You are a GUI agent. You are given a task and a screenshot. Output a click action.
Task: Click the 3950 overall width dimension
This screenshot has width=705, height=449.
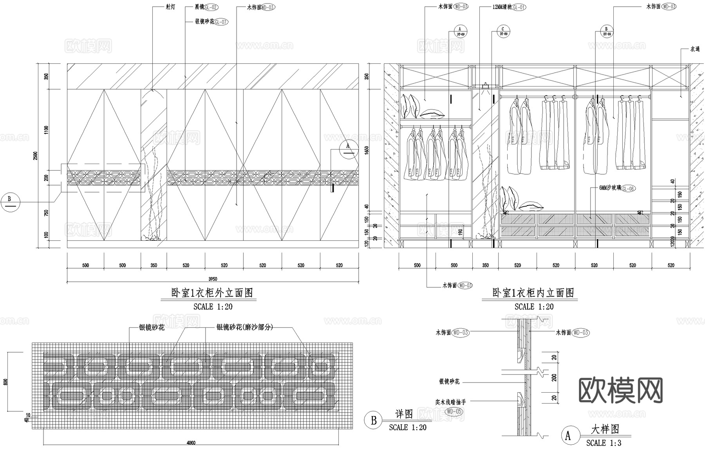[x=213, y=279]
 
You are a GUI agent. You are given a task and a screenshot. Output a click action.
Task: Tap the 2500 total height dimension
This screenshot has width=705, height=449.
[x=36, y=155]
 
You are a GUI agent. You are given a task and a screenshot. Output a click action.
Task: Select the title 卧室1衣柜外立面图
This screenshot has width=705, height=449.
[x=212, y=293]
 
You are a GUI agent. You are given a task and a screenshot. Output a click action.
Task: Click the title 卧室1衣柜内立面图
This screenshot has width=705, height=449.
[x=533, y=293]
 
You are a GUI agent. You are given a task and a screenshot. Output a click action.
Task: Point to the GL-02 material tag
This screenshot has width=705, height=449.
[x=211, y=7]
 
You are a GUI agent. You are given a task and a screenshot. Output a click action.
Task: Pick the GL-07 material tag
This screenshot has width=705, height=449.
[x=221, y=22]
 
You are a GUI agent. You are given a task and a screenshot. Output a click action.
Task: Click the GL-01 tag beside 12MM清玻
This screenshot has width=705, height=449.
[x=519, y=7]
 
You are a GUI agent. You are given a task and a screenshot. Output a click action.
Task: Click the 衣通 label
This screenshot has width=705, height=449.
[x=695, y=49]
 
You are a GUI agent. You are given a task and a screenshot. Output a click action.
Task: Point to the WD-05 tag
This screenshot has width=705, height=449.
[x=454, y=411]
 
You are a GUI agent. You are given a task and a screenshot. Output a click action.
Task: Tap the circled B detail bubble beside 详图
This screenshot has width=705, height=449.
[x=374, y=420]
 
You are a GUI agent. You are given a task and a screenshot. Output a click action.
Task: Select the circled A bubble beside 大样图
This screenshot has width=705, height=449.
[x=569, y=435]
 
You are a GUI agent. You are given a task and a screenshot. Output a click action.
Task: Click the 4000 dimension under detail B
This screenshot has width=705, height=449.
[x=191, y=443]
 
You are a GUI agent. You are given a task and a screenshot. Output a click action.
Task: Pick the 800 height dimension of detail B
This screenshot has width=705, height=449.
[x=5, y=382]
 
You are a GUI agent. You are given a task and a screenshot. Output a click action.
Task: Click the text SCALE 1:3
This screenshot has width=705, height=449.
[x=604, y=443]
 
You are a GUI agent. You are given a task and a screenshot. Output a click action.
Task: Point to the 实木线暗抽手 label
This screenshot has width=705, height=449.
[x=450, y=402]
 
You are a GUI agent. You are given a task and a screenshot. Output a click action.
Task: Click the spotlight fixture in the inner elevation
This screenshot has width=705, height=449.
[x=486, y=87]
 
